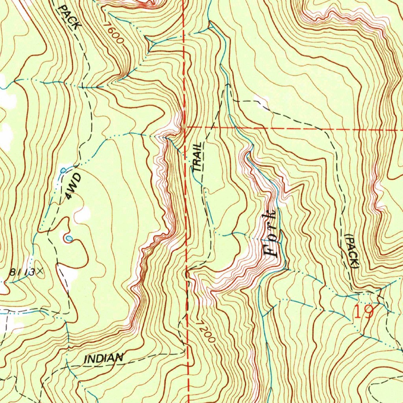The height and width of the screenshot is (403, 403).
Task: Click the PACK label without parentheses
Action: coord(69,16)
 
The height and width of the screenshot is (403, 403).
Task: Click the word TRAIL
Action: coord(198,157)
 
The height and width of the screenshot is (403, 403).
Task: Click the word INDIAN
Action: coord(104,358)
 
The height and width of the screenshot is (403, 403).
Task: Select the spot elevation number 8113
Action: coord(22,272)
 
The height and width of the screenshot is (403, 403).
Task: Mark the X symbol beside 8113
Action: coord(40,271)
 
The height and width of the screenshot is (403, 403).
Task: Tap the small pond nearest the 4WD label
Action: coord(63,170)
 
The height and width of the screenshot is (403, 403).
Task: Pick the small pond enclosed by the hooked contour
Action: coord(68,238)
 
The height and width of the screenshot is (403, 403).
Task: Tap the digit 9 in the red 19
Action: coord(368,312)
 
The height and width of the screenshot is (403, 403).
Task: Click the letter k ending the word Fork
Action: coord(271,216)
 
